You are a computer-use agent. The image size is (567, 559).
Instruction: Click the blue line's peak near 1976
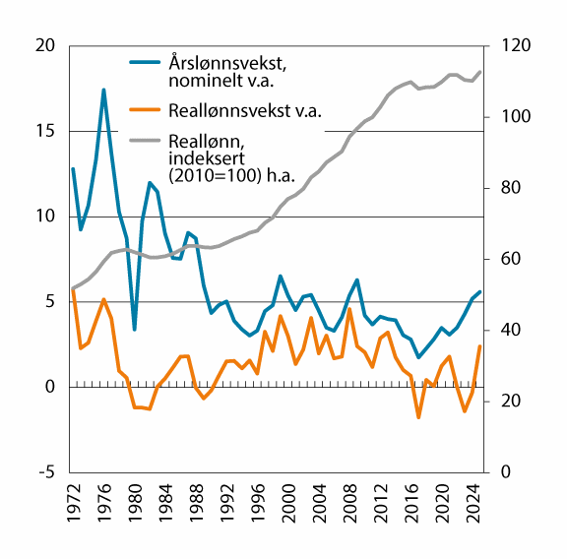tap(103, 90)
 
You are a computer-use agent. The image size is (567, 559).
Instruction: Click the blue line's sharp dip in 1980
tap(134, 329)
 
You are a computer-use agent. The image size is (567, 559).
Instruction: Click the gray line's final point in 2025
tap(479, 72)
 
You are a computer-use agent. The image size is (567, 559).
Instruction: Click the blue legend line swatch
tap(147, 63)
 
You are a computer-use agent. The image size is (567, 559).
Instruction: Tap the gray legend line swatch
tap(147, 140)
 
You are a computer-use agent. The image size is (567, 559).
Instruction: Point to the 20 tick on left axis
tap(43, 46)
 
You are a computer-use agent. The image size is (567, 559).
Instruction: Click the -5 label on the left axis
tap(45, 472)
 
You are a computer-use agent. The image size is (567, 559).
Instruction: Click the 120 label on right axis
tap(517, 46)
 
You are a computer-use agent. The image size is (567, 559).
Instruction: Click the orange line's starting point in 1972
tap(73, 288)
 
